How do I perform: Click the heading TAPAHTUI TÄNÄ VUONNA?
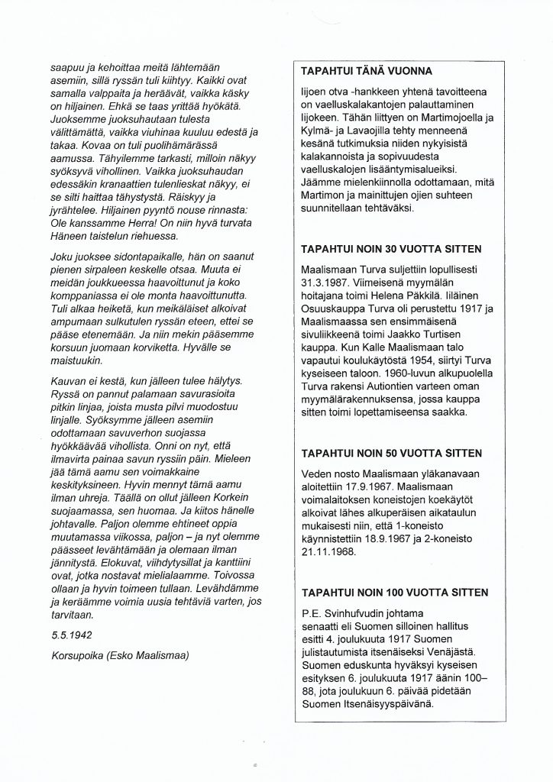[x=367, y=71]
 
